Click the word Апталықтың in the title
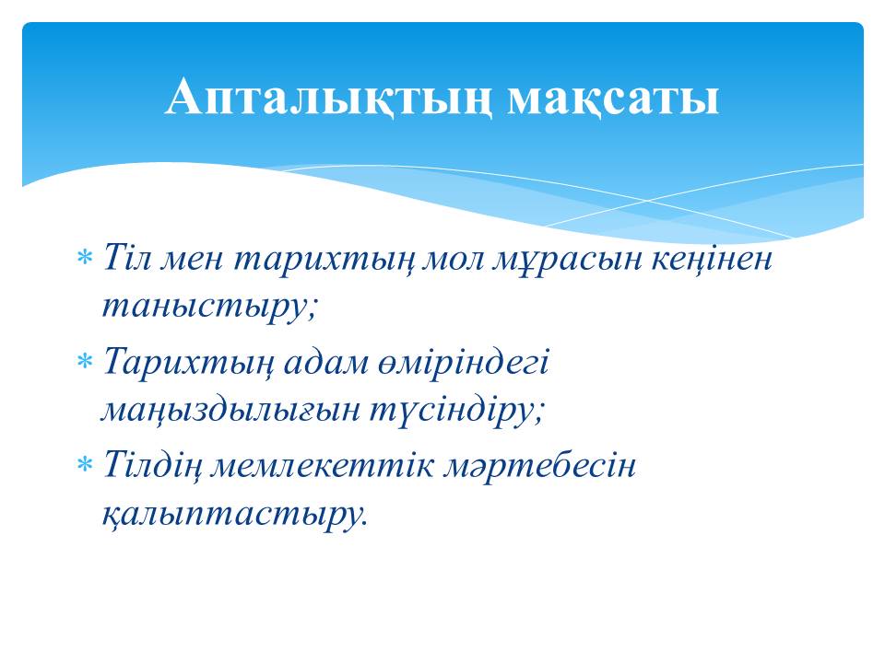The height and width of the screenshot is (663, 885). [x=328, y=99]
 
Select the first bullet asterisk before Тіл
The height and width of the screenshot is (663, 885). [x=84, y=258]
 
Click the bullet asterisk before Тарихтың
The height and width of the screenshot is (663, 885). [x=84, y=361]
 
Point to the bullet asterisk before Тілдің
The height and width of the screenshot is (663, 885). [x=84, y=464]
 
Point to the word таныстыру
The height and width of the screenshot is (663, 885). [x=210, y=308]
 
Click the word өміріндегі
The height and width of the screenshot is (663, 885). [x=458, y=362]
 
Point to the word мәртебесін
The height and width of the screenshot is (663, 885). [x=539, y=466]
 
